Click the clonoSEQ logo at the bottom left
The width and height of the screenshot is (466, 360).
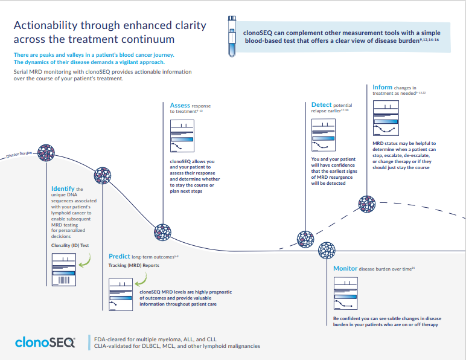pos(45,342)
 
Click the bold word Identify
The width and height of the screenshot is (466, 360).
pos(63,189)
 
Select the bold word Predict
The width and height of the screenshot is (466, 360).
pos(120,256)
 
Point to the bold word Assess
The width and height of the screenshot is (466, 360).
pos(180,105)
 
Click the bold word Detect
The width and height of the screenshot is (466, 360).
pos(321,105)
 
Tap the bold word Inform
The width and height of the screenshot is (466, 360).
pos(382,88)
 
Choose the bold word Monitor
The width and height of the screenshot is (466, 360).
pos(345,268)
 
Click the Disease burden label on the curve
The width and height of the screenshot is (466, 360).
pos(19,155)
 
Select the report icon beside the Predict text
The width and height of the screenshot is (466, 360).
pos(122,295)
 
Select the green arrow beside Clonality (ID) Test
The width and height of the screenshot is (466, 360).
pos(86,260)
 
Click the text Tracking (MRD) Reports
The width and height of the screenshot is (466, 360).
pos(133,265)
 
